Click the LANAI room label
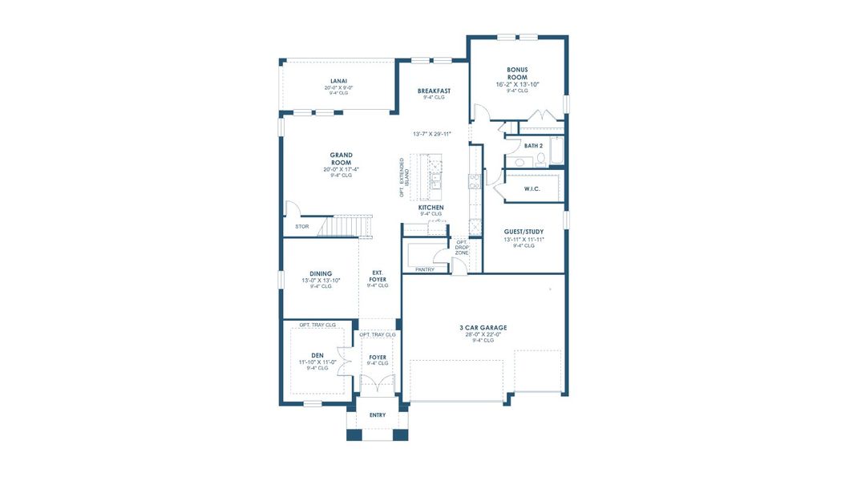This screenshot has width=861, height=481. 338,80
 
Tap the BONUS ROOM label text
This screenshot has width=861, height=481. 517,74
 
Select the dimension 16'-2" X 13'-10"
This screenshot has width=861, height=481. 517,84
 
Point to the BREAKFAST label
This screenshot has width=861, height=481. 434,91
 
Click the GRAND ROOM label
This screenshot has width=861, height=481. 342,159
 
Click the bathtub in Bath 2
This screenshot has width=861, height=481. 558,149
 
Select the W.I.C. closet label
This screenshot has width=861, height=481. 532,188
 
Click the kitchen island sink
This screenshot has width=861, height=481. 436,183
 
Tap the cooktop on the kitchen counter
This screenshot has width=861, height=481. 474,180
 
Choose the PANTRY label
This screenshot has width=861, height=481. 424,269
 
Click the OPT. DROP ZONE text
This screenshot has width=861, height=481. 462,248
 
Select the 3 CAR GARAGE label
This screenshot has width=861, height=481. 483,327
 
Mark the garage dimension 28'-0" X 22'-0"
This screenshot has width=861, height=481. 483,334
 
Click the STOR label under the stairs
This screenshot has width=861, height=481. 301,227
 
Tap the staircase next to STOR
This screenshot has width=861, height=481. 347,226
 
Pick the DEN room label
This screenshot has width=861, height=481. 317,354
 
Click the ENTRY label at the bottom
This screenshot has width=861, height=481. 378,415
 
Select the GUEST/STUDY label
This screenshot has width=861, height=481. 523,232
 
